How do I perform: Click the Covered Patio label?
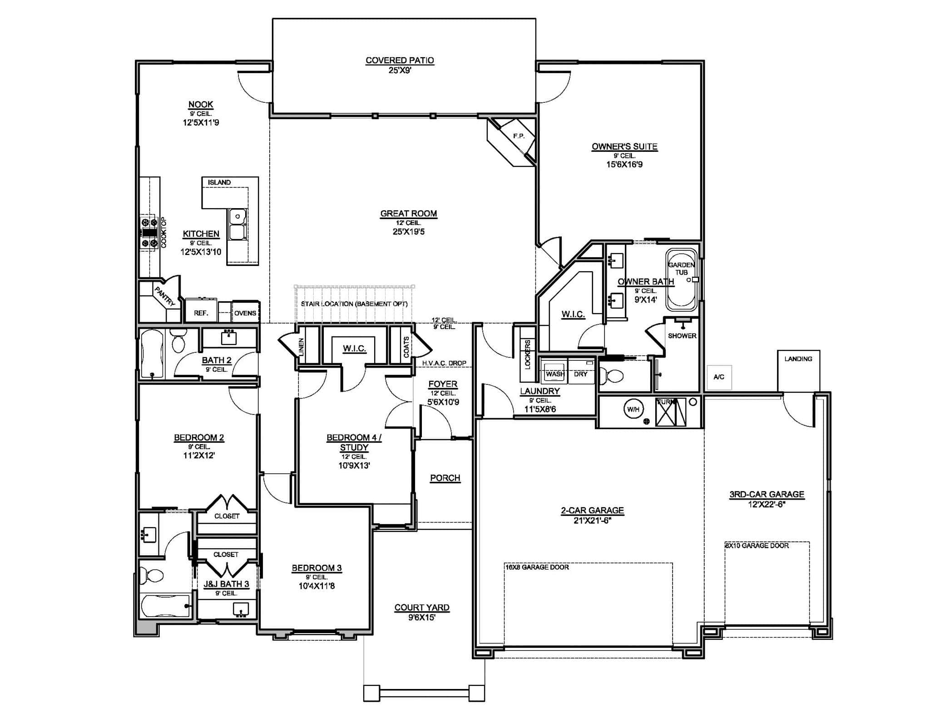(x=400, y=60)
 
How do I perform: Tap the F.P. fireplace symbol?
(x=518, y=136)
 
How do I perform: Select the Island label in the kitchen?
(x=219, y=182)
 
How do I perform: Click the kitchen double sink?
(x=237, y=225)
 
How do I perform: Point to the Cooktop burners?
(x=149, y=233)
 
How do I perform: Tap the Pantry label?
(x=164, y=296)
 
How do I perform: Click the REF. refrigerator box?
(x=201, y=312)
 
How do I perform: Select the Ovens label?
(x=245, y=313)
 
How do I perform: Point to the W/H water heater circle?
(x=633, y=409)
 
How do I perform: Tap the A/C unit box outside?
(x=719, y=377)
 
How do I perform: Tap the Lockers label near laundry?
(x=528, y=355)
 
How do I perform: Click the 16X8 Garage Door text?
(x=537, y=567)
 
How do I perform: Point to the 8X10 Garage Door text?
(x=757, y=545)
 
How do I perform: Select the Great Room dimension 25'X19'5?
(x=408, y=232)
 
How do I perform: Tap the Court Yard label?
(x=422, y=608)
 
